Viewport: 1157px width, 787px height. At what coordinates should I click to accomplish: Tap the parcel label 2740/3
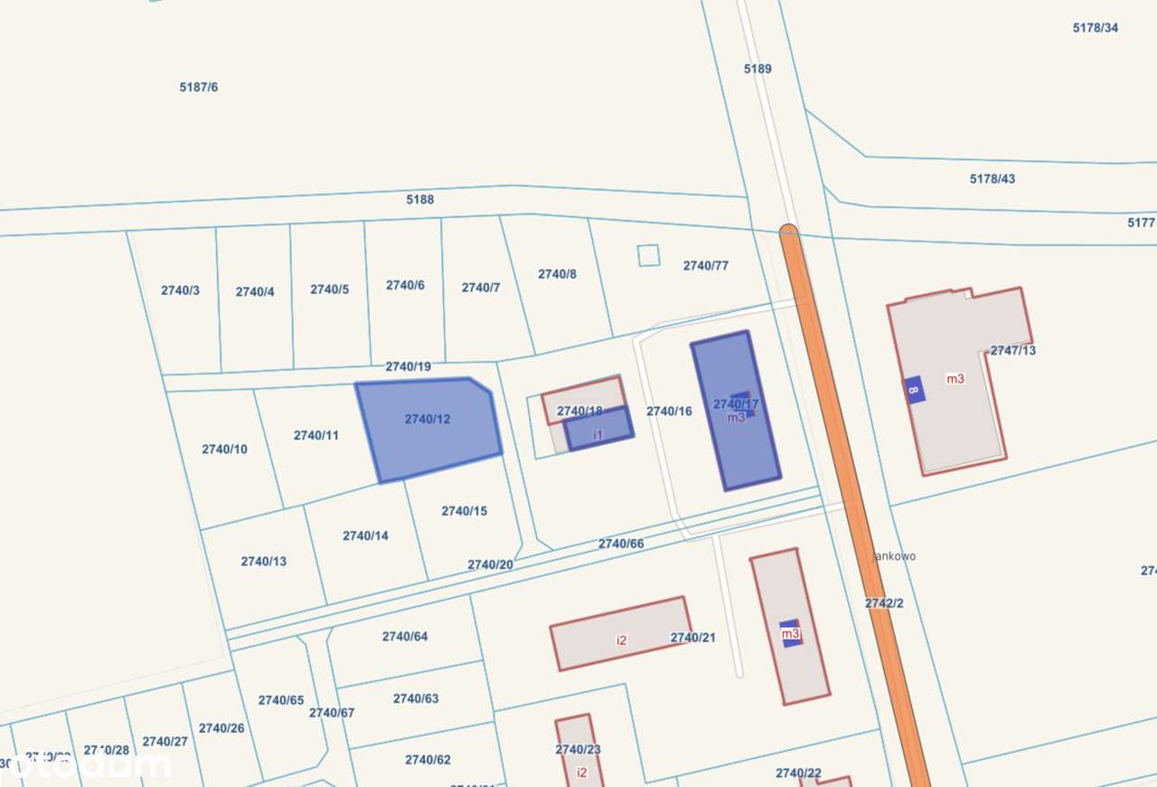[x=180, y=290]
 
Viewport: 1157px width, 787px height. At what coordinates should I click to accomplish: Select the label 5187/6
[x=199, y=87]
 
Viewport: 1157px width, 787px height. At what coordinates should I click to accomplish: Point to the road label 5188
[x=419, y=199]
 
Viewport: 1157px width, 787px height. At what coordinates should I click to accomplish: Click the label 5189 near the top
[x=757, y=68]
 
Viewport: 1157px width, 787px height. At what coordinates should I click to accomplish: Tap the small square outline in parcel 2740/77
[x=648, y=255]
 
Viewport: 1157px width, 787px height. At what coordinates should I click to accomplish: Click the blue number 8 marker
[x=913, y=390]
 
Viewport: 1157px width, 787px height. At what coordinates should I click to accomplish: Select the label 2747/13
[x=1012, y=350]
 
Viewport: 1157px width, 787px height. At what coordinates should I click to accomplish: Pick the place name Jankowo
[x=894, y=556]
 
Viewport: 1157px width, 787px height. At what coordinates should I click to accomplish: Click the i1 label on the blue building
[x=597, y=435]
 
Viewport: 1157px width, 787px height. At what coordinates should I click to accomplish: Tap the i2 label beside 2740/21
[x=621, y=640]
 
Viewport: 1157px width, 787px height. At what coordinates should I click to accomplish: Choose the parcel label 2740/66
[x=621, y=544]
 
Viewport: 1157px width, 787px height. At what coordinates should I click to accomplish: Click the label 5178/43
[x=992, y=178]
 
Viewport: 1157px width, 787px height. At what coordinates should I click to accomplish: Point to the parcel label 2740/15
[x=464, y=511]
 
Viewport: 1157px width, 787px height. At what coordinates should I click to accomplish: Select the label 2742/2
[x=883, y=602]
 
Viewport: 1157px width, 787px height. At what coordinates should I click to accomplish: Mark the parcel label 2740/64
[x=404, y=636]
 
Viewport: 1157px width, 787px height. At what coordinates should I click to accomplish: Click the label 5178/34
[x=1095, y=27]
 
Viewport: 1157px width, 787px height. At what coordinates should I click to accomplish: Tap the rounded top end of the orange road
[x=788, y=232]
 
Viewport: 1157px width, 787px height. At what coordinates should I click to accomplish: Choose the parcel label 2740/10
[x=224, y=449]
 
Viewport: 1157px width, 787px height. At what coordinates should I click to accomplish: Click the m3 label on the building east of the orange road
[x=955, y=378]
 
